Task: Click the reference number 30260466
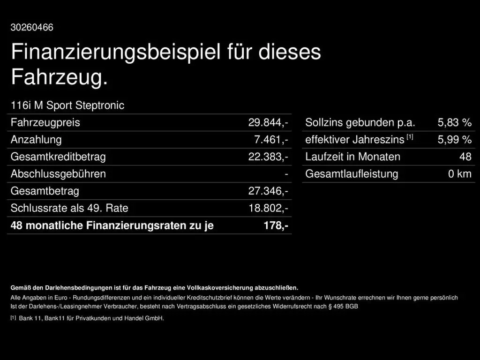tap(32, 28)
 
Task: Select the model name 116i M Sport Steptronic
tap(67, 105)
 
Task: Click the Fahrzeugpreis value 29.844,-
tap(268, 123)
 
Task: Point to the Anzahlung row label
tap(36, 140)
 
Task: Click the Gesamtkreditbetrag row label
tap(58, 157)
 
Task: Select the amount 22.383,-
tap(268, 157)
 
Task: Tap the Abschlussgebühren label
tap(58, 174)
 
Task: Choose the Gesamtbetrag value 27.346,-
tap(268, 191)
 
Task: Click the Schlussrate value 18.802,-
tap(268, 208)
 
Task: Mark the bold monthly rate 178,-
tap(276, 225)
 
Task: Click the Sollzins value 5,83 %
tap(454, 123)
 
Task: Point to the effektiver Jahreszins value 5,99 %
tap(454, 140)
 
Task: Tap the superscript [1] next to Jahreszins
tap(410, 137)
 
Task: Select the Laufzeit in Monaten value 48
tap(465, 157)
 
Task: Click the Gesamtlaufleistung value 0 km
tap(459, 174)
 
